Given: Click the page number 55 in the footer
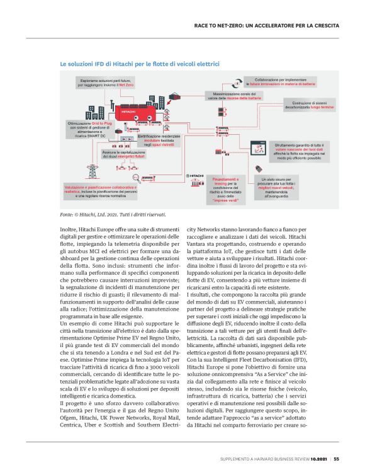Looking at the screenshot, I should (x=337, y=459).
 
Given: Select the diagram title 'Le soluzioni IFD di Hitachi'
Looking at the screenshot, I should (x=139, y=64).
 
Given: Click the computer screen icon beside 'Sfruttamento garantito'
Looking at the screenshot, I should (x=257, y=148).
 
